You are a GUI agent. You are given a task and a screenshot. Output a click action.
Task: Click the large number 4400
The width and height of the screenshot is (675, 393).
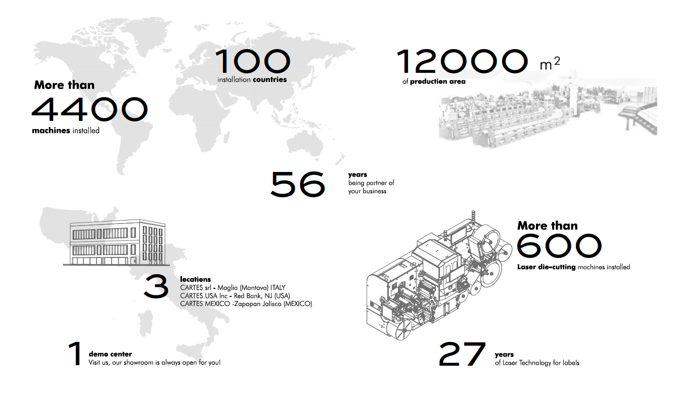89,109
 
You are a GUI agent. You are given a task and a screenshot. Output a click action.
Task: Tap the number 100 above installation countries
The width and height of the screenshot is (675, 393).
253,61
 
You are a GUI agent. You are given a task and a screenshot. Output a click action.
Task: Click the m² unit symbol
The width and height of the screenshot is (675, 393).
550,63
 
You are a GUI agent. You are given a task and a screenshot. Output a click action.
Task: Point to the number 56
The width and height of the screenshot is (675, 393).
298,184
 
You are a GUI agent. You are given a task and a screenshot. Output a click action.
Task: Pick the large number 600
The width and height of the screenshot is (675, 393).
559,246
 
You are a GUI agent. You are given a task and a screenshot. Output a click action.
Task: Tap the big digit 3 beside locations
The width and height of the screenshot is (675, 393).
156,286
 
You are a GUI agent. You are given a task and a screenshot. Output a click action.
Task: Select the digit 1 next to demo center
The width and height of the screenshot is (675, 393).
75,354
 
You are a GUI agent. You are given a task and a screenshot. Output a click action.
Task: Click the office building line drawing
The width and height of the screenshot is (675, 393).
117,242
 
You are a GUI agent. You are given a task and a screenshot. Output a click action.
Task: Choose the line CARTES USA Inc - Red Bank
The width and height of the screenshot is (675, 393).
235,296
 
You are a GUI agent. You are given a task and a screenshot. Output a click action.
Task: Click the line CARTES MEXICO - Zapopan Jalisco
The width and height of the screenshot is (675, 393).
246,304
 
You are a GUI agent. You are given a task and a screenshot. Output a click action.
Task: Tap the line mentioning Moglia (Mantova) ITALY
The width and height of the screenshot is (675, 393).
233,288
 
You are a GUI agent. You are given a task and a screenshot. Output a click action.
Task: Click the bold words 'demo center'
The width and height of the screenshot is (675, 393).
110,354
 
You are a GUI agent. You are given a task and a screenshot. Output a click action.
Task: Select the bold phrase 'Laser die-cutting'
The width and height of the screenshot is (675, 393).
546,267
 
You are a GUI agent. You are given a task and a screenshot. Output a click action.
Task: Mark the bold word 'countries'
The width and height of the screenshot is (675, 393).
269,79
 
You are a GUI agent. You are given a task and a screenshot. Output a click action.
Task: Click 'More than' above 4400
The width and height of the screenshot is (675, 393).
64,85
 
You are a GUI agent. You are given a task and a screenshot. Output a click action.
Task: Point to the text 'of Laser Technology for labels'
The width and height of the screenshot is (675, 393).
537,363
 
